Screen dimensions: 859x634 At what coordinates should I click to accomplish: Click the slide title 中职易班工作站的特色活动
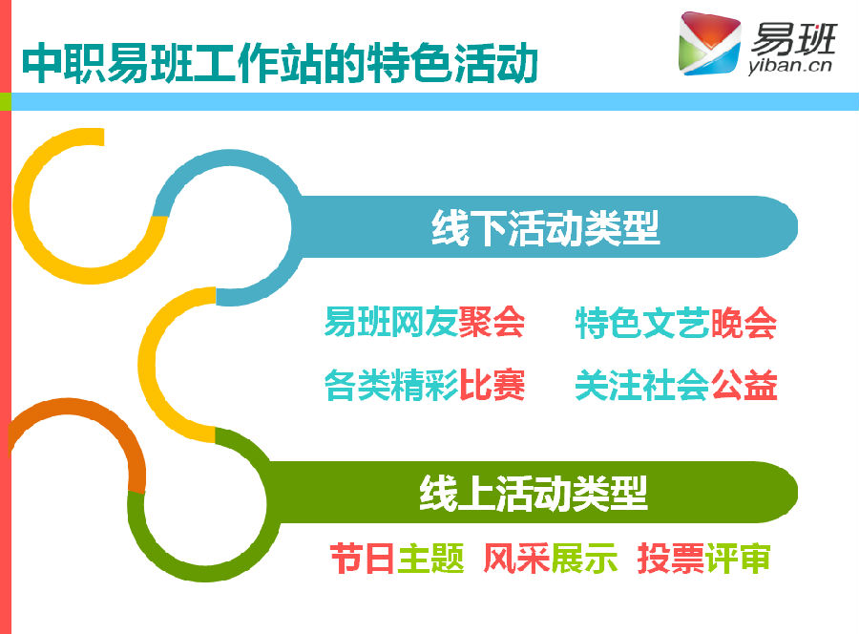click(280, 63)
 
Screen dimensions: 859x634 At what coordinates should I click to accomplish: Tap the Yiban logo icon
click(709, 43)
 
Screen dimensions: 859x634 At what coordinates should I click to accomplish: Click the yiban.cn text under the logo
click(790, 66)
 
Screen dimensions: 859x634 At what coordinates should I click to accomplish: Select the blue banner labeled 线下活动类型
click(545, 227)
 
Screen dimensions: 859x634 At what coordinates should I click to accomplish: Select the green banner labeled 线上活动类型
click(534, 493)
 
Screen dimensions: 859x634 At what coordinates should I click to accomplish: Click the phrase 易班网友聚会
click(425, 322)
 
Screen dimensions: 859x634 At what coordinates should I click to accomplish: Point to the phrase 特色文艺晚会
click(676, 324)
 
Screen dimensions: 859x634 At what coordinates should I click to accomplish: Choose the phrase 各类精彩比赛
click(425, 385)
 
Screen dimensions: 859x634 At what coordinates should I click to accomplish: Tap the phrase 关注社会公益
click(676, 385)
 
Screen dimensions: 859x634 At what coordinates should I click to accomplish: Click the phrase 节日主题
click(397, 559)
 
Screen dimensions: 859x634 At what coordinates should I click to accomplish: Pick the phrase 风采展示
click(551, 559)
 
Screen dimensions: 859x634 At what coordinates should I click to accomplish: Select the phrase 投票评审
click(704, 559)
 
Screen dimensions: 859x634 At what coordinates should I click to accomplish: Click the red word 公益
click(744, 385)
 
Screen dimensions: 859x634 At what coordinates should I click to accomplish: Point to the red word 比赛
click(492, 385)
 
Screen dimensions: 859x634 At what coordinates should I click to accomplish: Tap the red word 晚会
click(744, 324)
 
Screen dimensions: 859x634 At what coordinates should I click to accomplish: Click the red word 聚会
click(492, 322)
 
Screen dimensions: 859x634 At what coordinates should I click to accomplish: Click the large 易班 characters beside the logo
click(794, 37)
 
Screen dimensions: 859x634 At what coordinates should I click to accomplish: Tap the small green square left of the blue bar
click(6, 101)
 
